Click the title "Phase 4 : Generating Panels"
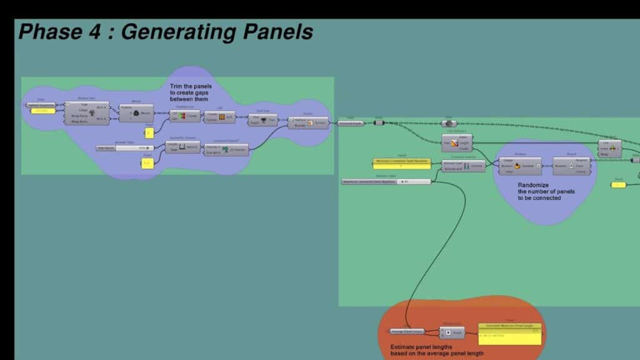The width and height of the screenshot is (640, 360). [166, 32]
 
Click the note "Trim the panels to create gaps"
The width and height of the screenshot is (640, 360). [191, 92]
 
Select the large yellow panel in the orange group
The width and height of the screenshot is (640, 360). [510, 334]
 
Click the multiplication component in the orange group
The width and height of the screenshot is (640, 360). [452, 332]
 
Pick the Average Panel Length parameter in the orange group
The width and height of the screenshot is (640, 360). [407, 331]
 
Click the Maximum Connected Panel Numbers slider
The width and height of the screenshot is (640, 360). [386, 181]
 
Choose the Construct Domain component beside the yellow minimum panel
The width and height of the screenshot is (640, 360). [463, 166]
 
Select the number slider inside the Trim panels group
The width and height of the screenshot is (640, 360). [124, 148]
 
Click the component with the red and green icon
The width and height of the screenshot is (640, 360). [185, 116]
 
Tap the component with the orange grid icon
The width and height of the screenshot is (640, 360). [219, 117]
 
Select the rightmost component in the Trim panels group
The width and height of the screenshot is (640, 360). [307, 122]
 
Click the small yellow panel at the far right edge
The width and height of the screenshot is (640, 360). [619, 184]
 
